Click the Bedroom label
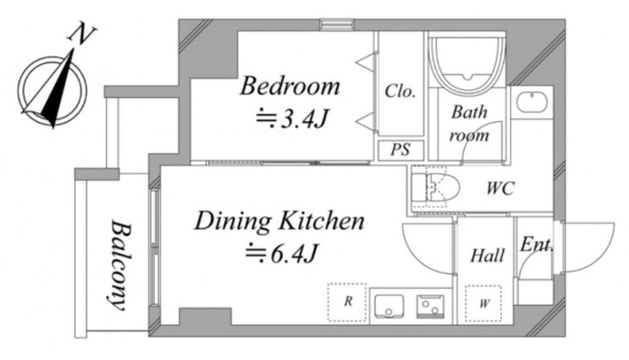pyautogui.click(x=290, y=86)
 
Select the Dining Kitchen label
pyautogui.click(x=280, y=221)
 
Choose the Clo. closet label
pyautogui.click(x=400, y=91)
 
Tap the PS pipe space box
pyautogui.click(x=401, y=150)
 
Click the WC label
pyautogui.click(x=500, y=187)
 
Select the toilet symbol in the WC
pyautogui.click(x=435, y=187)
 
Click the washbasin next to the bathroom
pyautogui.click(x=532, y=103)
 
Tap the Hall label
pyautogui.click(x=487, y=256)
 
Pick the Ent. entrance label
pyautogui.click(x=536, y=244)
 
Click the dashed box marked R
pyautogui.click(x=347, y=302)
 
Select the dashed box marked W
pyautogui.click(x=483, y=303)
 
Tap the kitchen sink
pyautogui.click(x=389, y=306)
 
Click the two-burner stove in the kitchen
pyautogui.click(x=430, y=307)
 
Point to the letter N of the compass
pyautogui.click(x=81, y=35)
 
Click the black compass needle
pyautogui.click(x=59, y=90)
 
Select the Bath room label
pyautogui.click(x=469, y=124)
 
